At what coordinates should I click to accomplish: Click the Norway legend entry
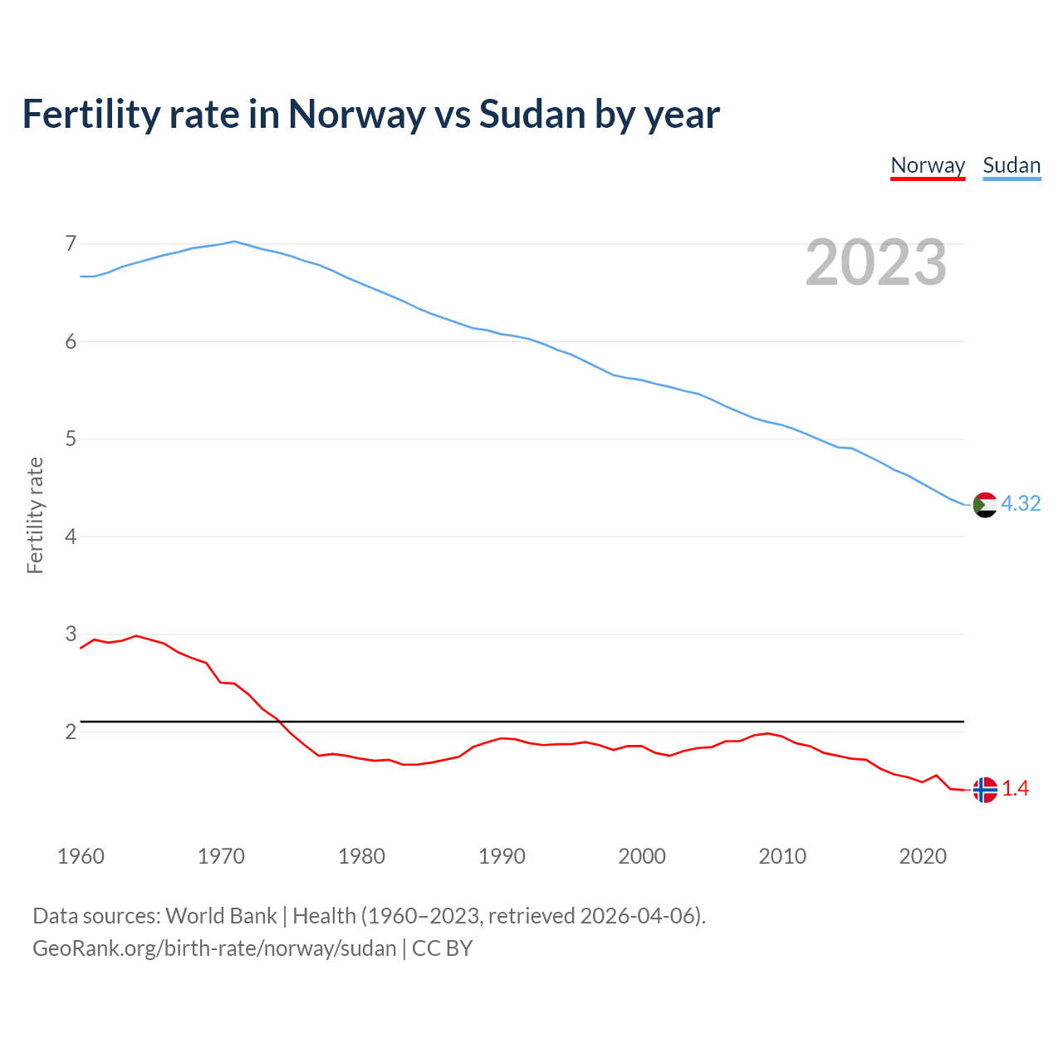pos(928,165)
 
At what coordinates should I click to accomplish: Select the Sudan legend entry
pos(1012,165)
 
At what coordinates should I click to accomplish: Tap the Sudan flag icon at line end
pos(985,504)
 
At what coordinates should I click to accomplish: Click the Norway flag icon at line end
pos(985,790)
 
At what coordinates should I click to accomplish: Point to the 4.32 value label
pos(1021,504)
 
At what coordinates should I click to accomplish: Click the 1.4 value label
pos(1015,789)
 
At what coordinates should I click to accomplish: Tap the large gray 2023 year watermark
pos(876,262)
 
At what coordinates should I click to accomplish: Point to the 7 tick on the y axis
pos(71,244)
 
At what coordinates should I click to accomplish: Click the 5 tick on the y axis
pos(71,438)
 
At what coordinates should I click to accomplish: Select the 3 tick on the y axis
pos(71,634)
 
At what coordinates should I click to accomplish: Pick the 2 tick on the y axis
pos(71,732)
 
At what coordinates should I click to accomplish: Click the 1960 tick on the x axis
pos(81,856)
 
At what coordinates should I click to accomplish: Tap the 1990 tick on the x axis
pos(502,856)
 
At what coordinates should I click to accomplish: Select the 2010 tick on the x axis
pos(782,856)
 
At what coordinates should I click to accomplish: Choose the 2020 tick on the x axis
pos(923,856)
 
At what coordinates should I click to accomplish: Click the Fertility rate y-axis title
pos(35,515)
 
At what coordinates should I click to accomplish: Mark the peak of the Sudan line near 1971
pos(235,242)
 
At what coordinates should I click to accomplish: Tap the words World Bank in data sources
pos(221,916)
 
